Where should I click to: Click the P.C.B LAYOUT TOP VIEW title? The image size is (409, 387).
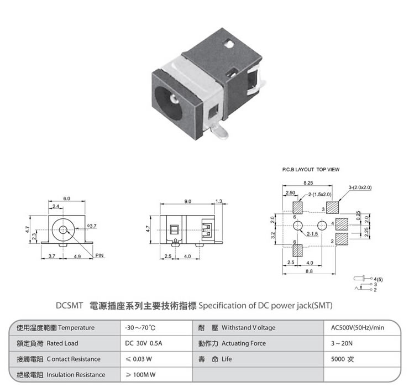point(311,170)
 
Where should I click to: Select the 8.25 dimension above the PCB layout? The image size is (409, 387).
point(308,183)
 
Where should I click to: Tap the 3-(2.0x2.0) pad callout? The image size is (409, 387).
point(360,187)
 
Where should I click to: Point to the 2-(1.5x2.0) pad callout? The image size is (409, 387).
point(320,195)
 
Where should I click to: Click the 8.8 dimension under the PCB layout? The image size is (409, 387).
point(309,271)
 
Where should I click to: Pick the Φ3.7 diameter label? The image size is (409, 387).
point(92,226)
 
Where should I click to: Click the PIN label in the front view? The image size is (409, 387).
point(99,255)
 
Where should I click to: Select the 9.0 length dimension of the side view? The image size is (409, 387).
point(188,201)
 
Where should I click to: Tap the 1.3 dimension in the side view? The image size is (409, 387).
point(218,201)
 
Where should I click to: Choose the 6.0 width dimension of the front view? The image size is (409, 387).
point(66,198)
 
